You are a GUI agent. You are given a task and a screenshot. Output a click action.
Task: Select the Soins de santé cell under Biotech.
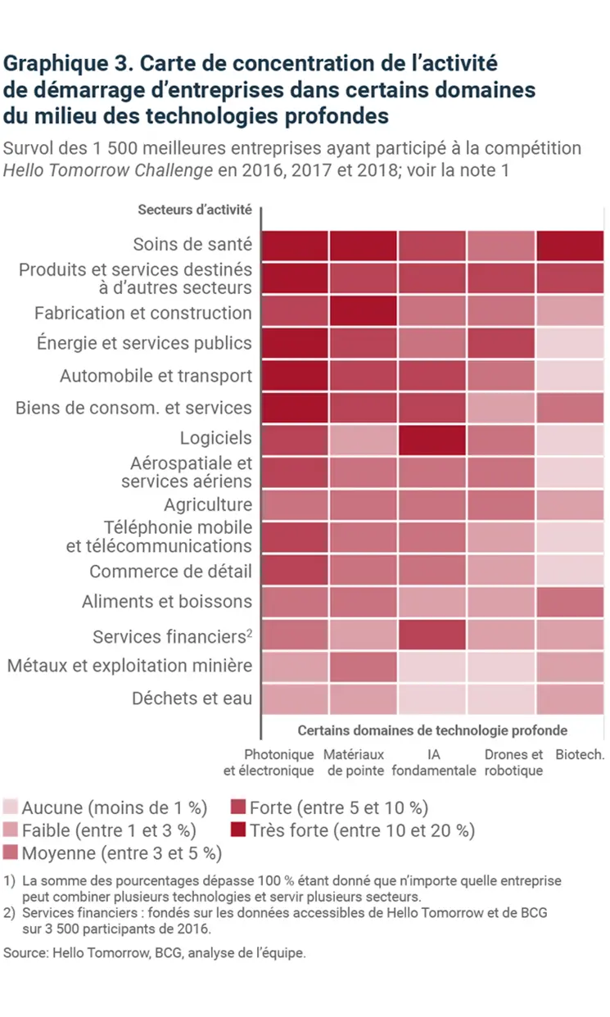click(x=570, y=245)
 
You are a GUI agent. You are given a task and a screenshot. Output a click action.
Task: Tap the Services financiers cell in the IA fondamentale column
click(x=432, y=635)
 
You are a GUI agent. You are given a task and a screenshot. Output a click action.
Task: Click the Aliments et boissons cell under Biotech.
click(x=570, y=602)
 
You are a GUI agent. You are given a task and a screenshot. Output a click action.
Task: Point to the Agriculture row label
click(x=208, y=504)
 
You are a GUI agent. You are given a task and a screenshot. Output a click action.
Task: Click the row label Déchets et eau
click(x=192, y=698)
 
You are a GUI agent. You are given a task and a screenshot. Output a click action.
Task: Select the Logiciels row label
click(x=216, y=437)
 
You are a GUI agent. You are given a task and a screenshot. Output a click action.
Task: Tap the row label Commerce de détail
click(x=170, y=572)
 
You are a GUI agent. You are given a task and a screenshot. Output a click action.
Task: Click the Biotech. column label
click(x=580, y=755)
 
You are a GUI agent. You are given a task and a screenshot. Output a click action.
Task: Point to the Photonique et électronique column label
click(x=269, y=762)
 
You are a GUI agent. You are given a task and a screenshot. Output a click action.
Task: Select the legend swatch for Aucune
click(x=11, y=807)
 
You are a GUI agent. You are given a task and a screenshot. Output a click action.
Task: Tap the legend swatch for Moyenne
click(x=11, y=853)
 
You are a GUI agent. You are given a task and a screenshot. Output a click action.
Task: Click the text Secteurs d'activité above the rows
click(x=194, y=210)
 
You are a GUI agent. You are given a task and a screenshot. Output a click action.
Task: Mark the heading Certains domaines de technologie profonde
click(x=432, y=730)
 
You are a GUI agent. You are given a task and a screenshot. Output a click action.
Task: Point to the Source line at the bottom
click(x=155, y=953)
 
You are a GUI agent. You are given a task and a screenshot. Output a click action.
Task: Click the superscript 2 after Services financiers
click(x=249, y=631)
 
